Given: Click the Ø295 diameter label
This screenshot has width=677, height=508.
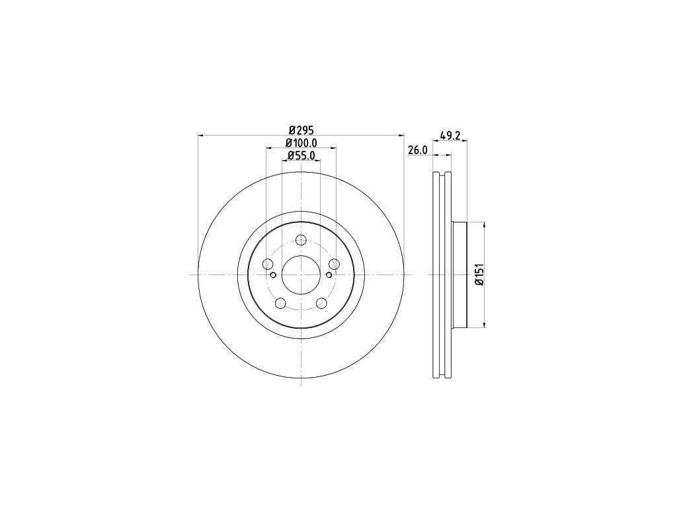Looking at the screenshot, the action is [x=301, y=130].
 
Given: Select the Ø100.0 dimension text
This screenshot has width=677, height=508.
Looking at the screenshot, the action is [x=301, y=142].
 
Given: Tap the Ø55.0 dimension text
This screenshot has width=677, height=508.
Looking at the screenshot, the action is [x=301, y=155].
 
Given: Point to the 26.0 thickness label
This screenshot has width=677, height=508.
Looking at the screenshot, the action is [x=418, y=150].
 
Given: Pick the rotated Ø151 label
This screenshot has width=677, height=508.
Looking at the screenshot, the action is [x=479, y=275].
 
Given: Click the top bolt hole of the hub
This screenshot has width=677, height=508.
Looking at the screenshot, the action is [x=301, y=239].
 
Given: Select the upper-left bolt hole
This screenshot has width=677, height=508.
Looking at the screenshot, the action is [x=268, y=263].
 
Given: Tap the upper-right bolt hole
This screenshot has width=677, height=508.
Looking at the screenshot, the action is [x=334, y=263].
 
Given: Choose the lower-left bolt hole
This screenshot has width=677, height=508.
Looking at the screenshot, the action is [x=280, y=303].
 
